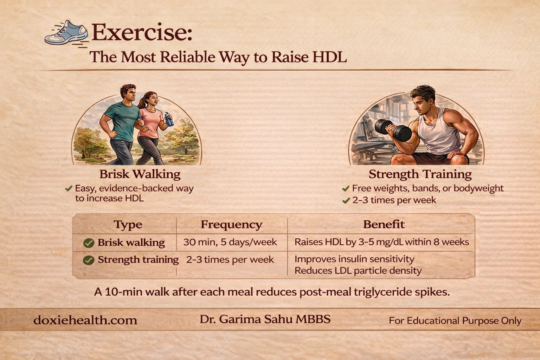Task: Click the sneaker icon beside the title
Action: (66, 33)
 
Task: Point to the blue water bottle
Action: (169, 119)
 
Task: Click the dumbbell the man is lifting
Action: (393, 130)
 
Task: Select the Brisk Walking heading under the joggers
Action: (140, 174)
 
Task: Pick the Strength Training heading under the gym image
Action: (420, 174)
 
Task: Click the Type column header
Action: (128, 225)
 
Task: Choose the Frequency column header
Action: (231, 225)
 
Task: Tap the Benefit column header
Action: (384, 224)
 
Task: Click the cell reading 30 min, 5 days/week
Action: (230, 242)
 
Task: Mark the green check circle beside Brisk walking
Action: (89, 243)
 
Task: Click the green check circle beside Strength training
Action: (89, 260)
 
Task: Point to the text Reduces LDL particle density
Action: (358, 271)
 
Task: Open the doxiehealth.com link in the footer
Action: (85, 320)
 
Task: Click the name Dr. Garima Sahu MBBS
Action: (265, 319)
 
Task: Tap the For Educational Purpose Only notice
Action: (455, 321)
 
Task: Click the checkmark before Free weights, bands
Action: (346, 188)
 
